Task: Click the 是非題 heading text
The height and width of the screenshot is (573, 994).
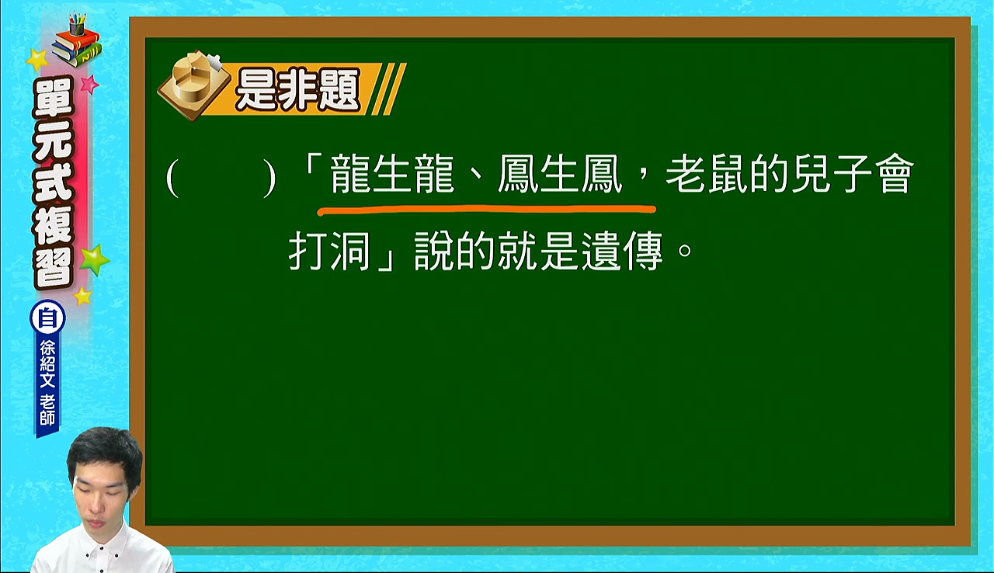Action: coord(297,89)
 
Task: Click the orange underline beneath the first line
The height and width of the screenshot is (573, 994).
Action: coord(486,210)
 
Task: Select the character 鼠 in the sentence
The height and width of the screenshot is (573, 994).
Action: coord(728,174)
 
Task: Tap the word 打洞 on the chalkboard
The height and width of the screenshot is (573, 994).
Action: coord(329,251)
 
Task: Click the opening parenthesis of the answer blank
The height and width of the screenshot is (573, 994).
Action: coord(172,179)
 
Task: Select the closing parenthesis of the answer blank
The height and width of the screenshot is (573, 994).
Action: coord(269,179)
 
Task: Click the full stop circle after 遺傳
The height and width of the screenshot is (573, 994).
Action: coord(685,251)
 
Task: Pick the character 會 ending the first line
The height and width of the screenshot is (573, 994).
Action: coord(893,174)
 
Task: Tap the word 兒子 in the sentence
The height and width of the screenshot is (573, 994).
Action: coord(831,174)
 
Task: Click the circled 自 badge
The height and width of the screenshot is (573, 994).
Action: coord(48,318)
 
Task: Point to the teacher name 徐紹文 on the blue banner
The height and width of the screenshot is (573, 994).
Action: coord(47,363)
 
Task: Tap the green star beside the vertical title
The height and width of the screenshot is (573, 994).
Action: coord(94,260)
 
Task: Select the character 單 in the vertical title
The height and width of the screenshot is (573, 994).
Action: coord(53,97)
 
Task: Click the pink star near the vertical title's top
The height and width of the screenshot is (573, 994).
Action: coord(89,85)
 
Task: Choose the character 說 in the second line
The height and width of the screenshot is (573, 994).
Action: coord(434,251)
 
